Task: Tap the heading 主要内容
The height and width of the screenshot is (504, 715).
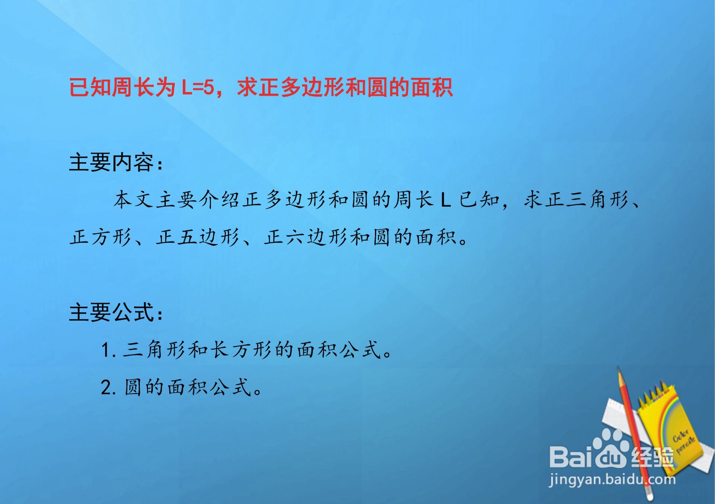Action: [x=112, y=162]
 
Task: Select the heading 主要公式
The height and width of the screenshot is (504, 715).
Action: [x=112, y=312]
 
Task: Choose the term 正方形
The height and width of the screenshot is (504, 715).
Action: [x=101, y=237]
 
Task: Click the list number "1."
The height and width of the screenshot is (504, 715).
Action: [x=109, y=350]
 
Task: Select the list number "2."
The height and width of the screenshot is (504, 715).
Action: [x=109, y=387]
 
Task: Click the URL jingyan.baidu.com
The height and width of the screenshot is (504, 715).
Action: [x=612, y=480]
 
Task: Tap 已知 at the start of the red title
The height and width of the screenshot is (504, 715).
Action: [x=90, y=88]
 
